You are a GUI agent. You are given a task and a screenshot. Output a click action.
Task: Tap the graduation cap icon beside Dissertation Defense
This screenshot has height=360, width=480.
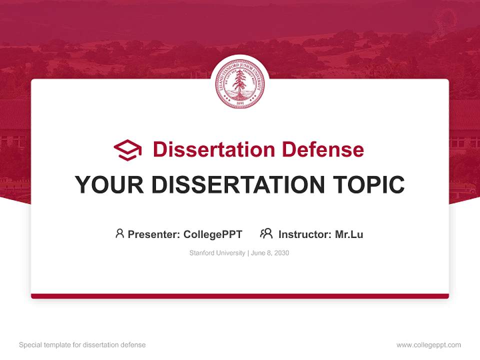click(x=127, y=150)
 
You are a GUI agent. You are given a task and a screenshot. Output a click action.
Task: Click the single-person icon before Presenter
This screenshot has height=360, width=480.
click(x=119, y=233)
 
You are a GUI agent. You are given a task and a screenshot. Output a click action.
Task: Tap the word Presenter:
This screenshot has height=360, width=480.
click(x=153, y=234)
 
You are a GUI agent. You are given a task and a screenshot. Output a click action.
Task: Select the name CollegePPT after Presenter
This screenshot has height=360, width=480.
click(x=213, y=234)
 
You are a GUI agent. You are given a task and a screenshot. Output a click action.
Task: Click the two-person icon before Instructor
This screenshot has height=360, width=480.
click(x=266, y=233)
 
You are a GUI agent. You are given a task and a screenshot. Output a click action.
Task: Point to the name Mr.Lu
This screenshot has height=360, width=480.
click(x=349, y=234)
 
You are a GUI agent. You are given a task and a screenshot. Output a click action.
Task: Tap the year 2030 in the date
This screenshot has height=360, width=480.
click(x=281, y=253)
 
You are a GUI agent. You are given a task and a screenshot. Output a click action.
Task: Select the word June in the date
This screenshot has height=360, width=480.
click(x=258, y=253)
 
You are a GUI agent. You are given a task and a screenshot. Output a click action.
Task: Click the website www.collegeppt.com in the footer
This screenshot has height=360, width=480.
click(x=428, y=345)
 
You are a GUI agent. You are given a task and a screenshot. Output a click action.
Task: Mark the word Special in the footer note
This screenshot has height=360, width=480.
click(x=29, y=345)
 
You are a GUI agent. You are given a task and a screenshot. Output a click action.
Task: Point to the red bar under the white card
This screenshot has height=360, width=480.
click(x=240, y=296)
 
